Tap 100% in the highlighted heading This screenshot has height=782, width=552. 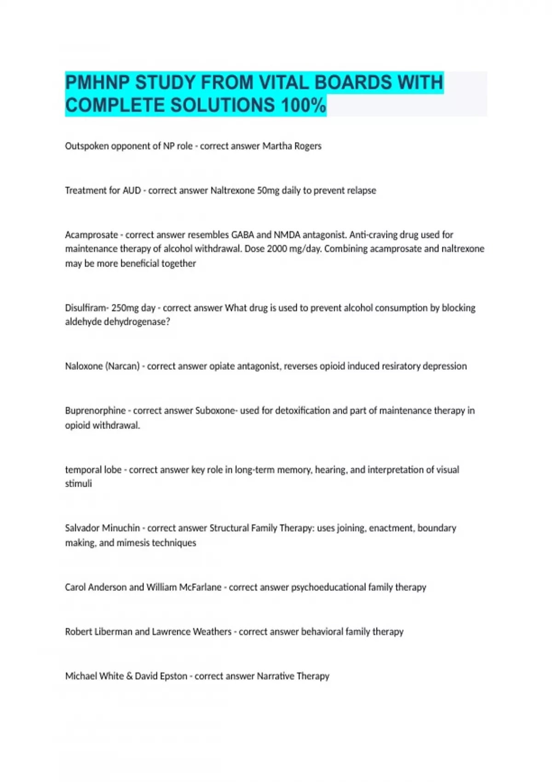[304, 105]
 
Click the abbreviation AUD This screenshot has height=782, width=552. [132, 190]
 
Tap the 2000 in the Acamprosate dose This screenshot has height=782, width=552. [277, 249]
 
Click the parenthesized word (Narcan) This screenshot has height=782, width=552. [122, 366]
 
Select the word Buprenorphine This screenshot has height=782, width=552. [95, 410]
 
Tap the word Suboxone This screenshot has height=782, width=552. [215, 410]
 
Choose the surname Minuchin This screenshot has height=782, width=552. [121, 528]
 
